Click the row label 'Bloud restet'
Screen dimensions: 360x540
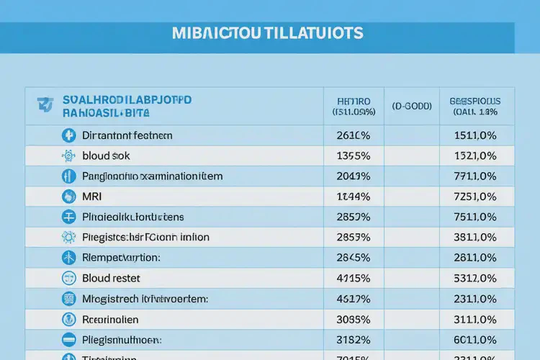112,278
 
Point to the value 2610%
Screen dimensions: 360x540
353,135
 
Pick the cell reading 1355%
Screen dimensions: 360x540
353,156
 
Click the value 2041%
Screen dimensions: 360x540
353,176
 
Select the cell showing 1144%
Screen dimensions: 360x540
353,196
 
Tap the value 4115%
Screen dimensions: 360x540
353,278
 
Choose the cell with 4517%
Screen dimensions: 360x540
353,298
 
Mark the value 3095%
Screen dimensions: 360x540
353,318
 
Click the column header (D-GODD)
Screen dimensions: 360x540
412,106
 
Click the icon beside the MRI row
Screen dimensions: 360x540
69,196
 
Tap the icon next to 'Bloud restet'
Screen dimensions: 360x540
69,278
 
